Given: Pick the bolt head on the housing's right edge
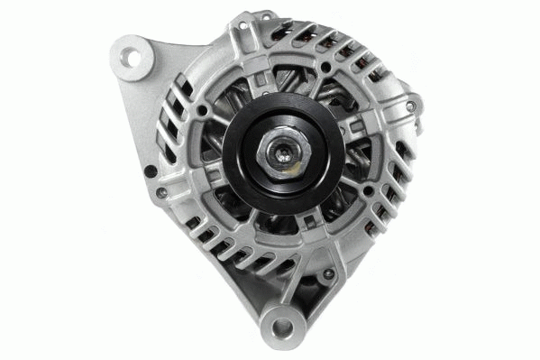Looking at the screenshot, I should point(411,107).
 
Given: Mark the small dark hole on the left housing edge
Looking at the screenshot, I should point(151,169).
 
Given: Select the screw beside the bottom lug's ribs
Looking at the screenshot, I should point(330,272).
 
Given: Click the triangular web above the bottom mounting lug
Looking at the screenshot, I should point(287,291).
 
